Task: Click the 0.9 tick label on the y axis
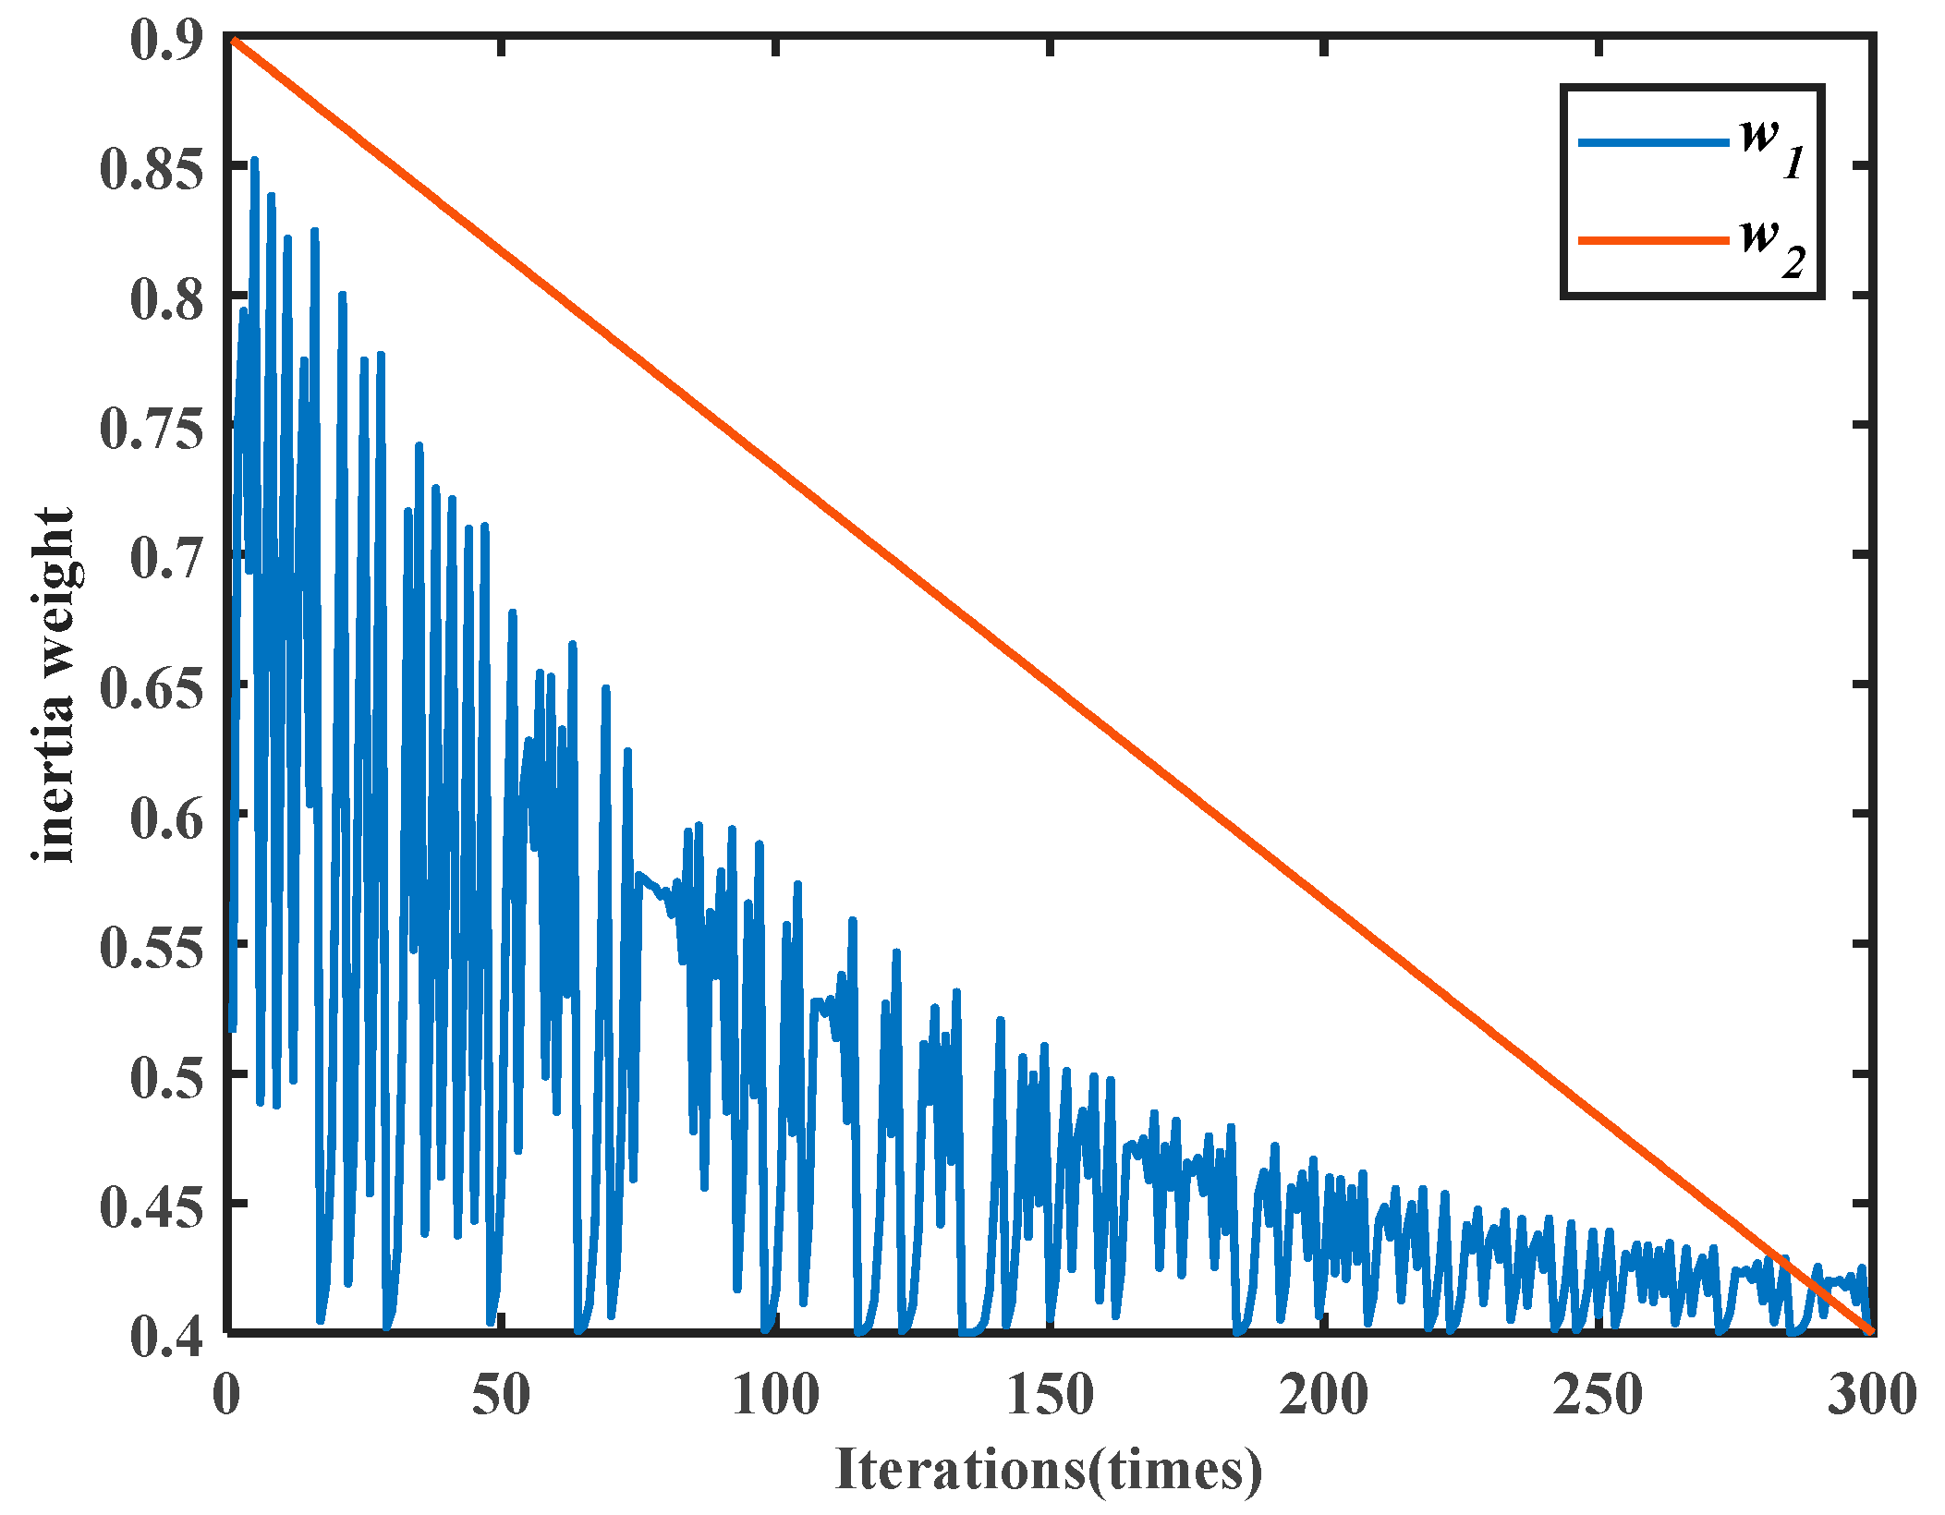coord(166,41)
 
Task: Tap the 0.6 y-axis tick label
coord(166,818)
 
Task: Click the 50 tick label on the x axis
coord(501,1395)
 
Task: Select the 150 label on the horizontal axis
coord(1050,1395)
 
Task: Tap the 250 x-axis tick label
coord(1599,1395)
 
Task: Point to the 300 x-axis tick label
coord(1872,1395)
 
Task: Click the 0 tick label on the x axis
coord(227,1395)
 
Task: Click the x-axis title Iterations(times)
coord(1049,1470)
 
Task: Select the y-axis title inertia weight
coord(54,685)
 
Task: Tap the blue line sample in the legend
coord(1653,142)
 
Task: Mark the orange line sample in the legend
coord(1653,241)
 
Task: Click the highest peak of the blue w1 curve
coord(254,161)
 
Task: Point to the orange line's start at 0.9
coord(234,40)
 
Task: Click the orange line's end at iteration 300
coord(1871,1331)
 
